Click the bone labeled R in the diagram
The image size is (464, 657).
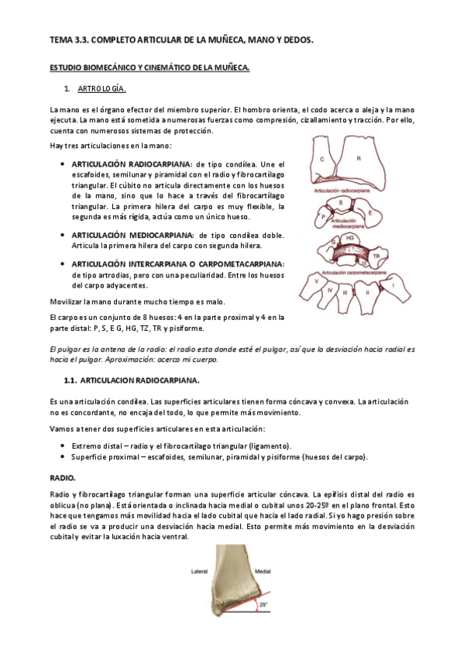pyautogui.click(x=358, y=159)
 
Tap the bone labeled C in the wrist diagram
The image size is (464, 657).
pyautogui.click(x=321, y=158)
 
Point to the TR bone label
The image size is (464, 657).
pyautogui.click(x=376, y=253)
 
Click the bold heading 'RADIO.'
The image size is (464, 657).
pyautogui.click(x=61, y=478)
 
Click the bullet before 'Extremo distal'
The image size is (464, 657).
pyautogui.click(x=62, y=446)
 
